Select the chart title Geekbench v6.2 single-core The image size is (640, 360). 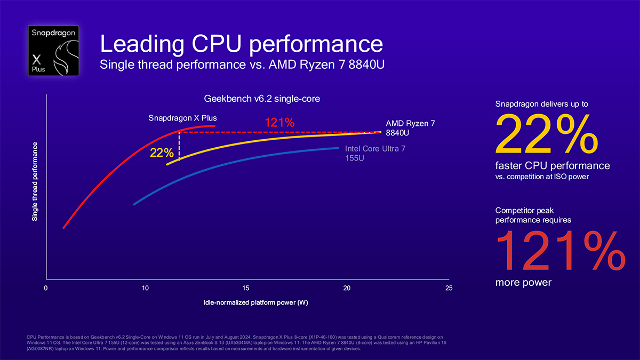tap(262, 99)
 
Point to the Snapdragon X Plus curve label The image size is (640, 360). tap(182, 117)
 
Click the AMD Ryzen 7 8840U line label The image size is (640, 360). tap(410, 127)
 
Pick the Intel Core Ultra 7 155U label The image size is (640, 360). tap(375, 153)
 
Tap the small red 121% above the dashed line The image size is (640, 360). tap(279, 123)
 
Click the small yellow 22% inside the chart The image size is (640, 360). tap(162, 153)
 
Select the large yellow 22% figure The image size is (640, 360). tap(547, 134)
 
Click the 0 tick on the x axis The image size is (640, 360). tap(46, 289)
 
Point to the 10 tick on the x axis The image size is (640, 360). tap(146, 289)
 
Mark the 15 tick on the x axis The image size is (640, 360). tap(245, 289)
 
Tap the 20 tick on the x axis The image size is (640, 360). tap(347, 289)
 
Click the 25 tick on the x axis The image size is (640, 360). tap(449, 289)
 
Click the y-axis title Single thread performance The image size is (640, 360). tap(35, 182)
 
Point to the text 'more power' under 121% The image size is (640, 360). tap(523, 282)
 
